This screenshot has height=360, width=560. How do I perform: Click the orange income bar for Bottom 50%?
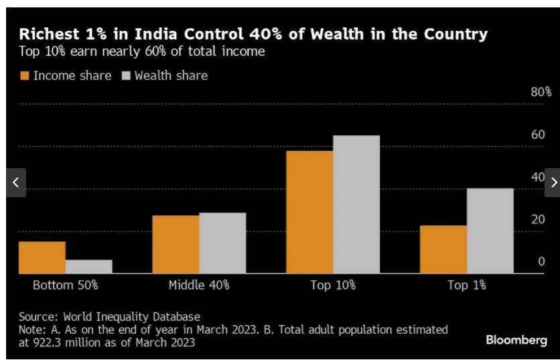coord(42,257)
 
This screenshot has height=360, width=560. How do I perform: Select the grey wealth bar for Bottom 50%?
coord(88,266)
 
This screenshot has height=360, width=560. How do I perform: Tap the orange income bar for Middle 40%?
coord(176,244)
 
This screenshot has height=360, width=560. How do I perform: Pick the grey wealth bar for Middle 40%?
coord(222,243)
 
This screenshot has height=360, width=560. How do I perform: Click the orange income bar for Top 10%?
coord(309,212)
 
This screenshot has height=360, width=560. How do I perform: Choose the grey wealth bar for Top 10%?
coord(356,204)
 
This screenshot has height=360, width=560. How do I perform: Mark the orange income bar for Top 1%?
coord(443,249)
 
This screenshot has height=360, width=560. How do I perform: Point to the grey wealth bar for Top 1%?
coord(490,231)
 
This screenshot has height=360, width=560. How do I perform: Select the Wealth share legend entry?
coord(164,76)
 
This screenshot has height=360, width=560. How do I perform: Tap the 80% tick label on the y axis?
coord(541,92)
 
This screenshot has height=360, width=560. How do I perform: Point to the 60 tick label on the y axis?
coord(538,135)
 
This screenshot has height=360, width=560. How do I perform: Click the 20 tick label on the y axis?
coord(538,219)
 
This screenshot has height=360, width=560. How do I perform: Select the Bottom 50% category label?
coord(65,285)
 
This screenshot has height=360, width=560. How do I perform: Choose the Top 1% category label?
coord(467,285)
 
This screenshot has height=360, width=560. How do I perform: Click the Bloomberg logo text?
coord(516,341)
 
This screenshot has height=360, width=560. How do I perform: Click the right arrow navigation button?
coord(553,182)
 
